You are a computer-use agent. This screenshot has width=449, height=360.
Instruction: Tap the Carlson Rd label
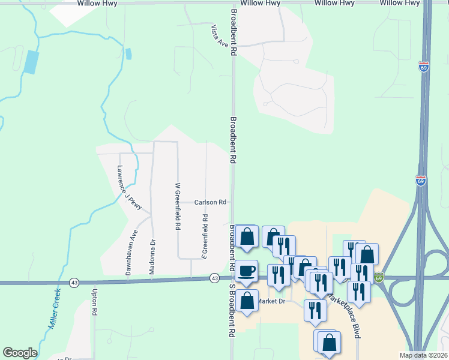[x=210, y=203]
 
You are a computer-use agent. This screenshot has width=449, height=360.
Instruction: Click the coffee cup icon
[x=246, y=271]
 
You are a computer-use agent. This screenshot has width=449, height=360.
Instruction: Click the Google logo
[x=20, y=353]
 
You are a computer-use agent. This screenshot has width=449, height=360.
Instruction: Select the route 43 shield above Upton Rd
[x=74, y=281]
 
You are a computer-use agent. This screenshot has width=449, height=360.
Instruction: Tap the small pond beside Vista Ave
[x=128, y=53]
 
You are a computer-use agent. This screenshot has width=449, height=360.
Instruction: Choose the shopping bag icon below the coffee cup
[x=247, y=299]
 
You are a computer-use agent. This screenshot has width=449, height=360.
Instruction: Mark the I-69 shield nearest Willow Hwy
[x=424, y=67]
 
